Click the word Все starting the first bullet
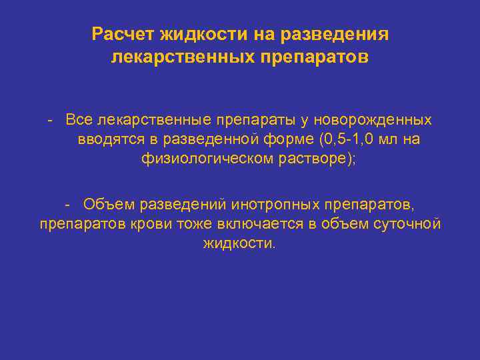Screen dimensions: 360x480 tap(79, 120)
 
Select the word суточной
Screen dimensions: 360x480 tap(408, 223)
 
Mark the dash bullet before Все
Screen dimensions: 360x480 tap(51, 120)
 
